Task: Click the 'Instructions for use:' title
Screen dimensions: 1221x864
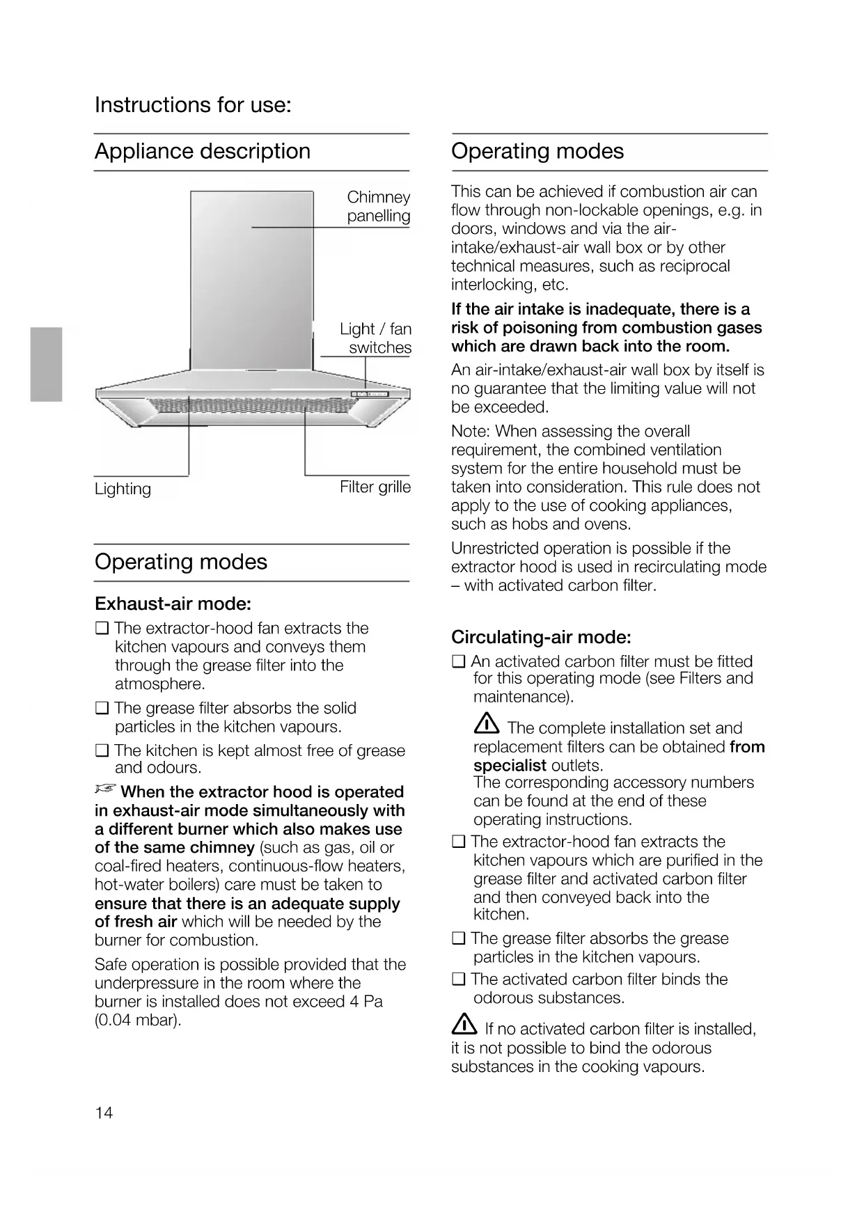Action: point(193,105)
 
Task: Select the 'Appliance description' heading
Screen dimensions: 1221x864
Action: point(203,151)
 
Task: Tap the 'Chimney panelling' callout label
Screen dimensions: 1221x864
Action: point(378,206)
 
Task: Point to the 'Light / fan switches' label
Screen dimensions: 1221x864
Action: point(376,338)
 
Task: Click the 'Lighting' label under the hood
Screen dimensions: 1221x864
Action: point(123,489)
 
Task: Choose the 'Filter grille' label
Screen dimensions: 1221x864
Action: point(375,487)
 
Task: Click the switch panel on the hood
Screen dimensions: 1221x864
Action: point(368,395)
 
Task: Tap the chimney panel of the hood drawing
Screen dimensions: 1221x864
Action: point(251,278)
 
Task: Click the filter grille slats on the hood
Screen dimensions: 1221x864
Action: point(251,406)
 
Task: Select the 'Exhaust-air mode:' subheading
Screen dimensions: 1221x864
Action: point(173,603)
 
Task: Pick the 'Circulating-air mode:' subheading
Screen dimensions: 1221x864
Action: point(541,637)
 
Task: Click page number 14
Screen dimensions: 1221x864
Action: point(103,1112)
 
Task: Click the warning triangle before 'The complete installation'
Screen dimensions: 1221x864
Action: point(486,725)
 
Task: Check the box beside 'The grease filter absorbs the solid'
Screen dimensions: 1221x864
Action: point(102,709)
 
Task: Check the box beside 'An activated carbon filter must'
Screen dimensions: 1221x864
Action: point(458,661)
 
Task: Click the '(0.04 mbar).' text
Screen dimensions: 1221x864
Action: point(137,1021)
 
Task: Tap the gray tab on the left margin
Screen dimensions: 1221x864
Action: point(46,364)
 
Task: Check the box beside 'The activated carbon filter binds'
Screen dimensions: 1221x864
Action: point(458,979)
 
